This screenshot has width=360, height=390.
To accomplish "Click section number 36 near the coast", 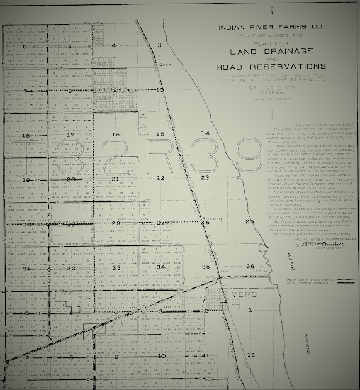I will pos(250,267).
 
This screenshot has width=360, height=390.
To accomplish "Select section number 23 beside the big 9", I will pos(205,178).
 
